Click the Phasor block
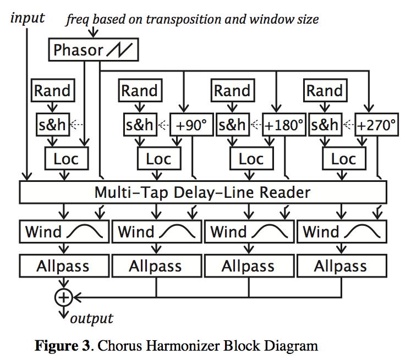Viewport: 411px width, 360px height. pos(93,51)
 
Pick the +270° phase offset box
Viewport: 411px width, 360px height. pos(376,125)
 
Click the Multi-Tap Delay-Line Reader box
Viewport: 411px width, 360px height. pos(202,193)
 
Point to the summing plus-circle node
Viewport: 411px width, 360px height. pos(64,297)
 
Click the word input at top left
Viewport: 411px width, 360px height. pos(28,18)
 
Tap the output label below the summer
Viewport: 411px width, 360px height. pos(91,318)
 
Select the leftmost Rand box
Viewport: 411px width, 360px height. pos(53,91)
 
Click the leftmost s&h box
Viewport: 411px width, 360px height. pos(52,125)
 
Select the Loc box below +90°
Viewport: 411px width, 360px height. pos(158,159)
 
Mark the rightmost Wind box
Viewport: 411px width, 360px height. pos(341,231)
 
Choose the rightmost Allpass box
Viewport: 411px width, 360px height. pos(341,267)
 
